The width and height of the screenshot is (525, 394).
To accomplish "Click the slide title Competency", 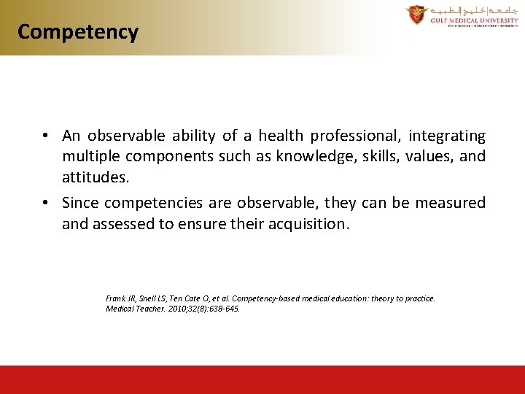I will point(77,32).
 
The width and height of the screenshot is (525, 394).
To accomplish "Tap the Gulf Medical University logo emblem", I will point(417,15).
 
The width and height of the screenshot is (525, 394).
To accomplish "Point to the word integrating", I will point(446,136).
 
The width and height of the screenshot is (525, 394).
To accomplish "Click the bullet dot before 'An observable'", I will point(45,136).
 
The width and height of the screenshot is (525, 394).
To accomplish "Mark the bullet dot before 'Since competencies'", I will point(45,203).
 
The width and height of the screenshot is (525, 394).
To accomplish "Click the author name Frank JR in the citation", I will point(120,298).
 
